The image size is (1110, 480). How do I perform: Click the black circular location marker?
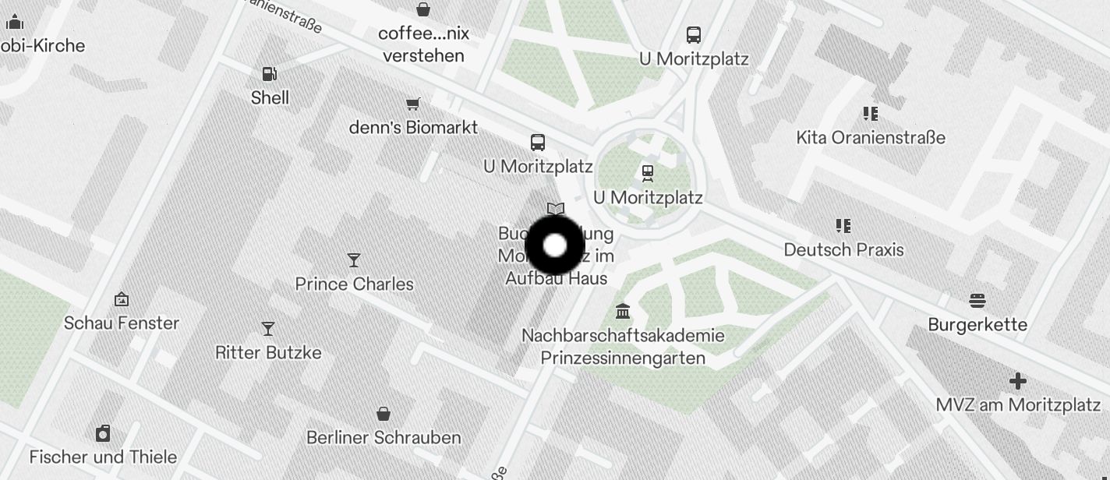point(555,245)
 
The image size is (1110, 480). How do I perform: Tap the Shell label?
point(270,98)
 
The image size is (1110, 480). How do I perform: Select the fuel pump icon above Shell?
point(269,74)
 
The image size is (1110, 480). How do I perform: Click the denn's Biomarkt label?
point(413,127)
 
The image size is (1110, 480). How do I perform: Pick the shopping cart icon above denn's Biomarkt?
point(413,104)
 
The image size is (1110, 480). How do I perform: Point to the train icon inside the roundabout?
point(647,172)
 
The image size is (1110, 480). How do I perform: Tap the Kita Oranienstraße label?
point(871,138)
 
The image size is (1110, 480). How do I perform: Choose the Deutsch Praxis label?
point(843,250)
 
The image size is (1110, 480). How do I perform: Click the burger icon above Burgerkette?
point(977,301)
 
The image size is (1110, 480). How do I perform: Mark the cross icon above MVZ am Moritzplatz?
point(1017,381)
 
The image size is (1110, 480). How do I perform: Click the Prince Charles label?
point(355,284)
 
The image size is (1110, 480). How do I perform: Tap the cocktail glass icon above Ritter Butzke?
point(268,329)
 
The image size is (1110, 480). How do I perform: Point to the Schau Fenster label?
point(122,323)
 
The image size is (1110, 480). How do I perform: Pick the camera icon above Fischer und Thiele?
point(103,433)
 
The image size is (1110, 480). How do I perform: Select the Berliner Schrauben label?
point(384,438)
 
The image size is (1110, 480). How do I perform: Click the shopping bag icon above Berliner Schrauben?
point(383,413)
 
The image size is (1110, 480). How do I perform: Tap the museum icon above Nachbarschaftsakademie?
point(623,312)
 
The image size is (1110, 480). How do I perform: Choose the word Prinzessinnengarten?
point(623,358)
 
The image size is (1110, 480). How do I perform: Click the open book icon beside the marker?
point(555,209)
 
